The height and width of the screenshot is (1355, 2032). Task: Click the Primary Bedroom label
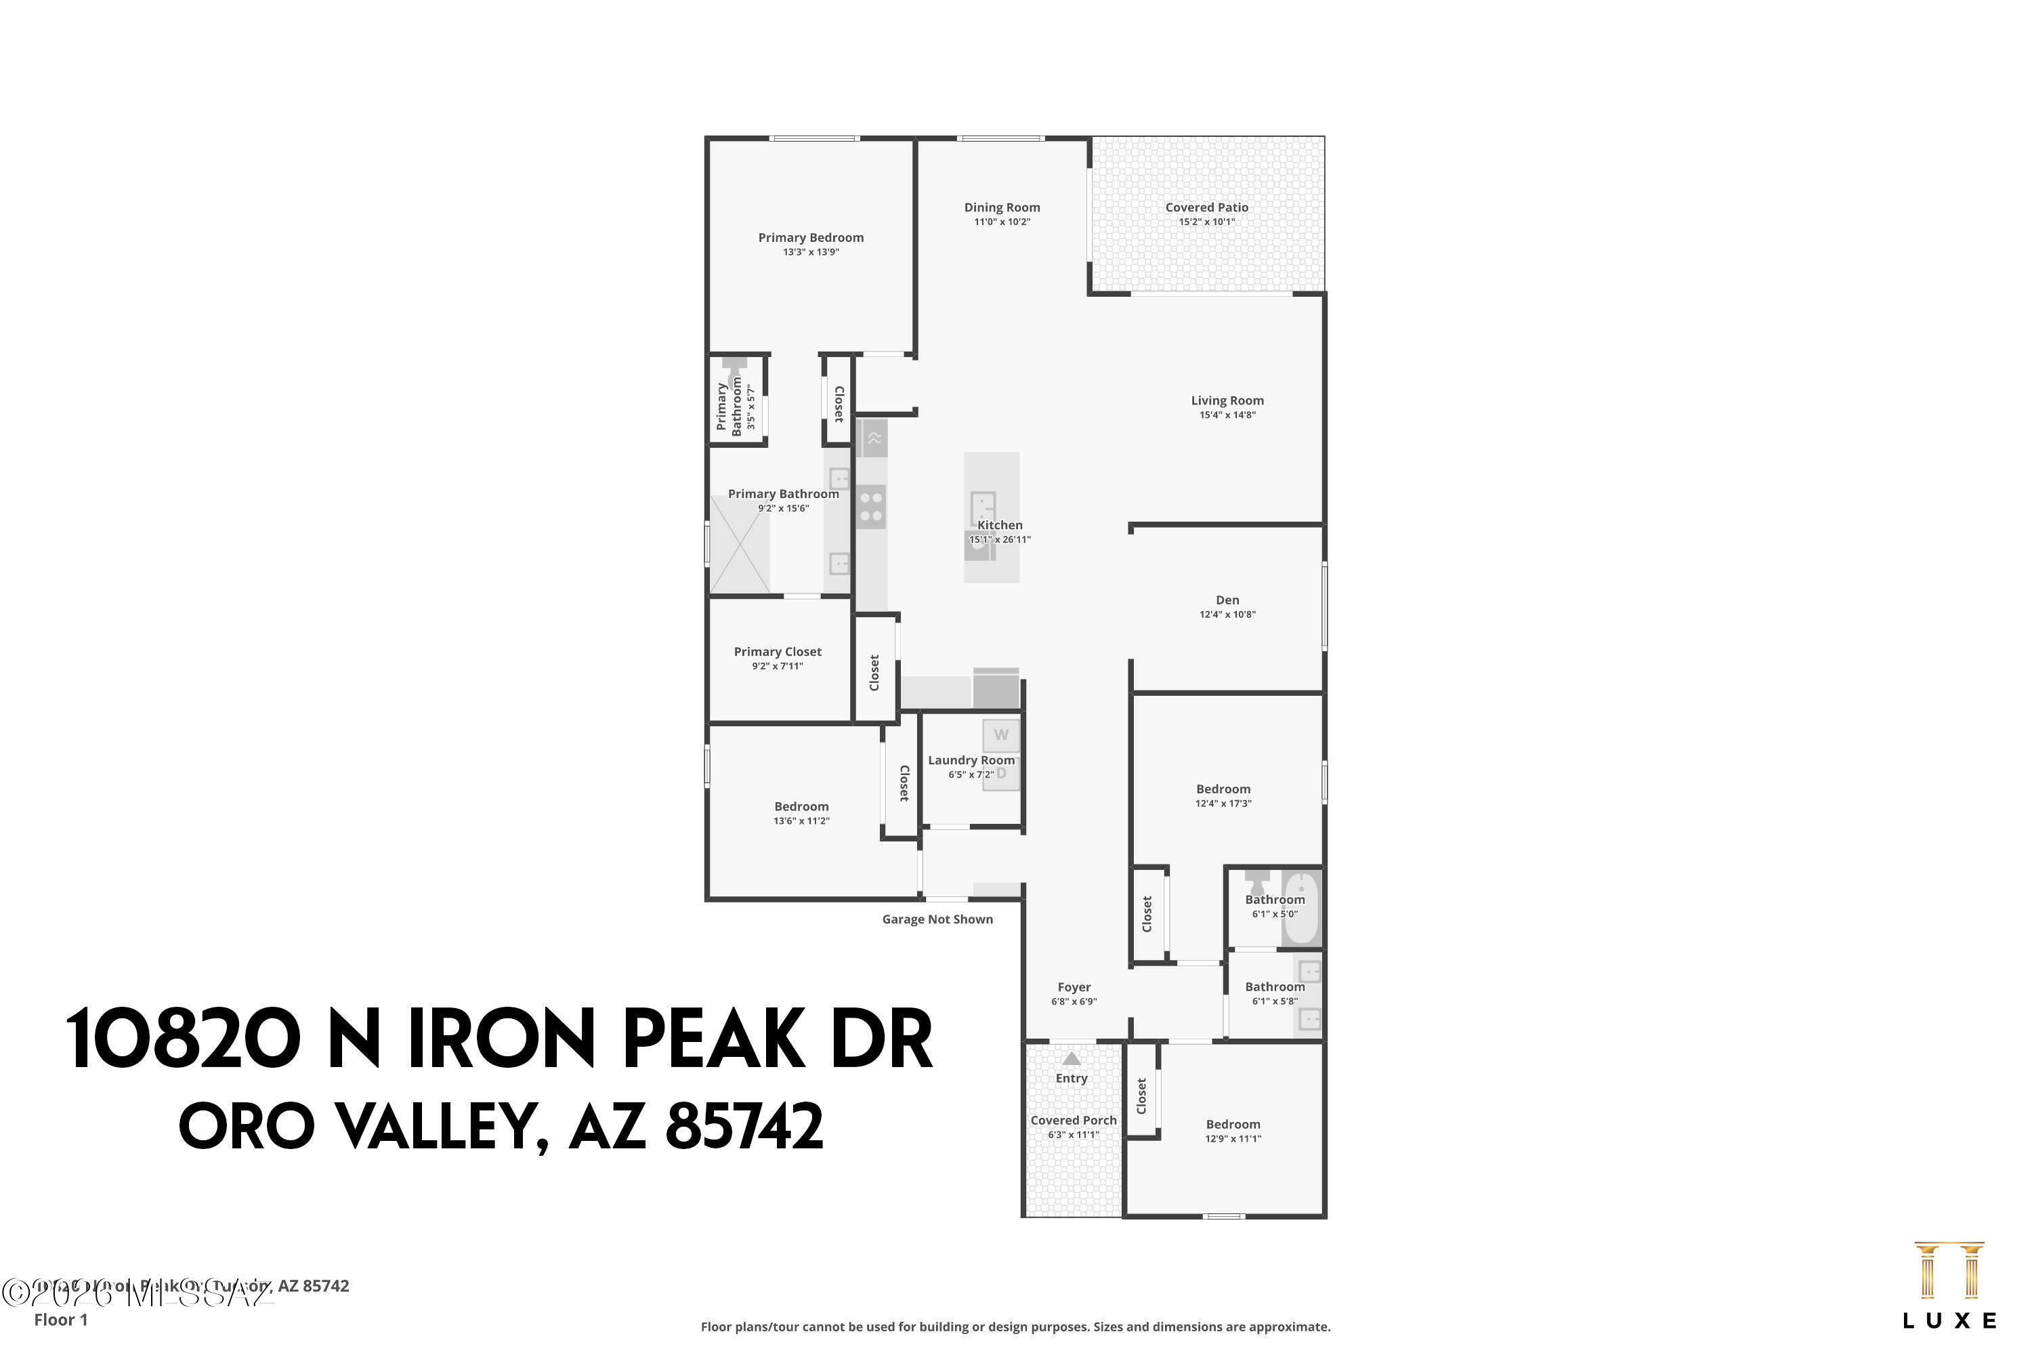pos(810,238)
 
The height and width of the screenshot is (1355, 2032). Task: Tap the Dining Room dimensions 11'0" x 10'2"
pos(1002,222)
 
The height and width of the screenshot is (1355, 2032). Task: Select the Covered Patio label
pos(1206,207)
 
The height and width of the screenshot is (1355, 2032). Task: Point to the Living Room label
pos(1227,400)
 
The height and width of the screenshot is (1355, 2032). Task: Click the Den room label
pos(1227,600)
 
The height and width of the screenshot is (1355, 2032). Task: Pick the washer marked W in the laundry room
pos(1000,735)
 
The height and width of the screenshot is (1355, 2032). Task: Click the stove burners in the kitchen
pos(871,507)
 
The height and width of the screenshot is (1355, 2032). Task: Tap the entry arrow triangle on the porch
pos(1072,1058)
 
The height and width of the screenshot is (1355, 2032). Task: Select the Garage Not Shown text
pos(937,919)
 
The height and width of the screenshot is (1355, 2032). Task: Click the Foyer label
pos(1074,987)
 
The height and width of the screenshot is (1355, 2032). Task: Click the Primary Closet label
pos(778,652)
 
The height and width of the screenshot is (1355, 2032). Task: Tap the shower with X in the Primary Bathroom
pos(740,545)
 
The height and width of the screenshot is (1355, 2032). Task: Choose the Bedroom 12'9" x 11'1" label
pos(1233,1124)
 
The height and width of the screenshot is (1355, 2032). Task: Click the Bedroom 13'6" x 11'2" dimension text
pos(801,821)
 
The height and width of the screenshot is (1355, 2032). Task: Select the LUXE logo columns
pos(1949,1271)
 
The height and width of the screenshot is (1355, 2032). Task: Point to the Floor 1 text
pos(60,1320)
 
